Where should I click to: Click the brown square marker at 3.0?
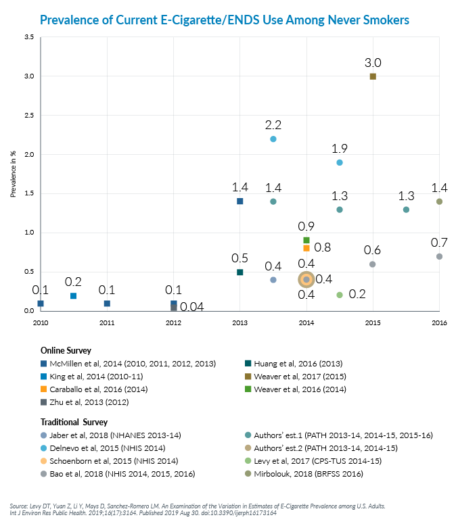point(373,76)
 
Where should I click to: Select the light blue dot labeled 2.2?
point(273,139)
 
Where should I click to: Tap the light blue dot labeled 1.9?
point(340,163)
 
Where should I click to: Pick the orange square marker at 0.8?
point(306,248)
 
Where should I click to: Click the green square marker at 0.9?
point(306,240)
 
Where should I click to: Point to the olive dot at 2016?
point(439,201)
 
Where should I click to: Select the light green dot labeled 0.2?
point(340,295)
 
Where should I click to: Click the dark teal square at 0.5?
point(240,272)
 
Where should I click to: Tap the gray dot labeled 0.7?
point(439,256)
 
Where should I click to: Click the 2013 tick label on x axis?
point(240,322)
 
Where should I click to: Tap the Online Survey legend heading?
point(67,351)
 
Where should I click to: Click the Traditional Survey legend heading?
point(74,423)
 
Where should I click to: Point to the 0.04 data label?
point(191,308)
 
